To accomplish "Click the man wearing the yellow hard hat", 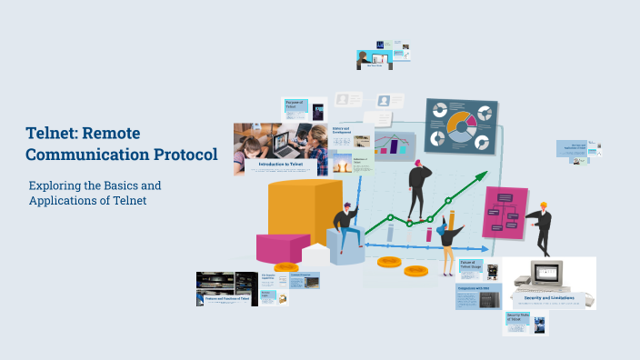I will click(542, 227).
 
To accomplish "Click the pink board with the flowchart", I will click(504, 213).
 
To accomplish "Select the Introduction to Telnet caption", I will click(281, 165).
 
